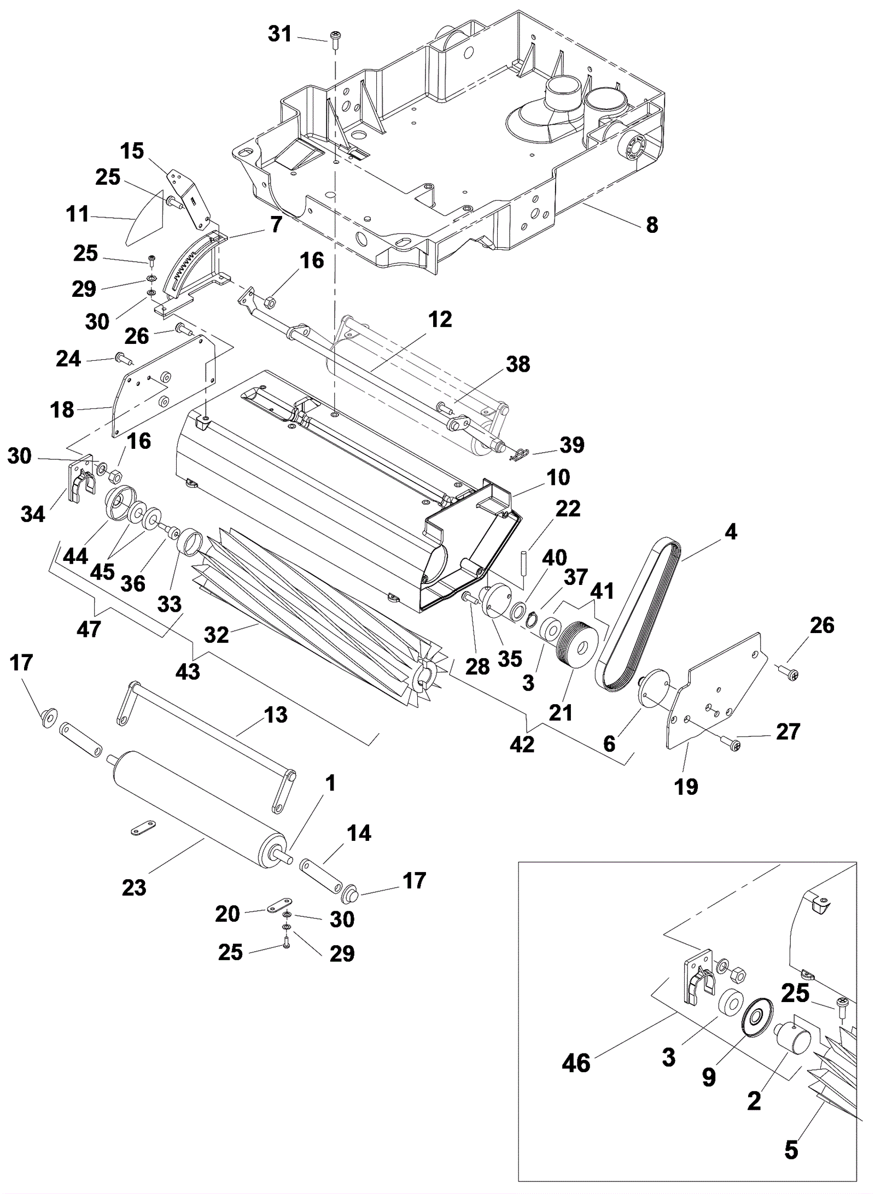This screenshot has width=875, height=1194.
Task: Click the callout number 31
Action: coord(280,34)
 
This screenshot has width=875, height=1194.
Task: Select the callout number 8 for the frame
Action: coord(652,225)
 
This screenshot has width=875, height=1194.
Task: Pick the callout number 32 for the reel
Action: coord(216,634)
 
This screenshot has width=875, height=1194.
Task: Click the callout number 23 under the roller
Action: coord(134,887)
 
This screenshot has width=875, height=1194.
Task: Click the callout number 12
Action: coord(440,319)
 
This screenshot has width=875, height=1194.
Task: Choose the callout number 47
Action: coord(89,629)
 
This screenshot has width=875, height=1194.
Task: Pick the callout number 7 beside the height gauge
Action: coord(276,224)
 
